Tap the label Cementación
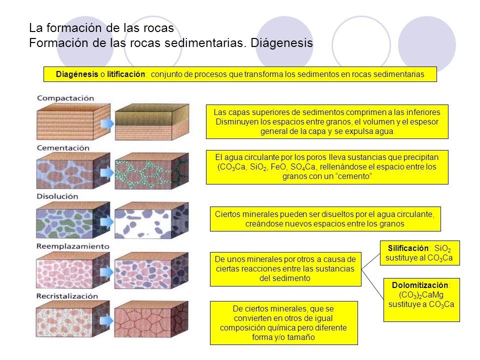point(63,148)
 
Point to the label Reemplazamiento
point(72,246)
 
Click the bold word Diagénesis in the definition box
point(77,74)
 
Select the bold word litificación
point(127,74)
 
